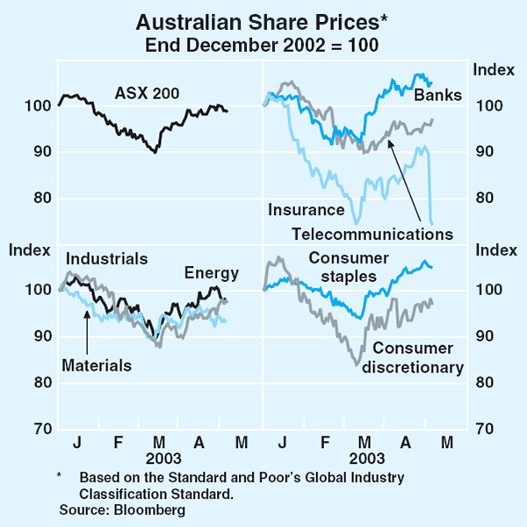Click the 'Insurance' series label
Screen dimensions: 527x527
(306, 210)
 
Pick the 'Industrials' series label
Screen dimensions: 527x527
(106, 259)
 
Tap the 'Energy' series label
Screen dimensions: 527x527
(206, 273)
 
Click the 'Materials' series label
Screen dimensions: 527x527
(96, 365)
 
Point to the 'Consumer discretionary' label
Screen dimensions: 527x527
(413, 358)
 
